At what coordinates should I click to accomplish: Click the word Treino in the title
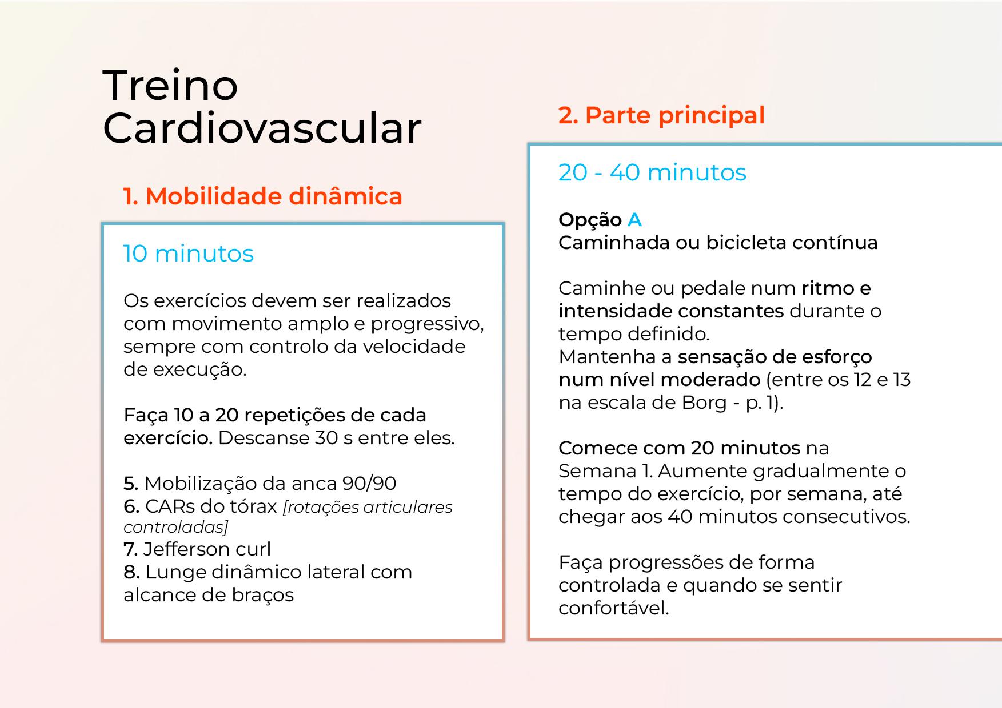point(170,85)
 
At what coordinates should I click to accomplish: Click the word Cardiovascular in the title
point(262,128)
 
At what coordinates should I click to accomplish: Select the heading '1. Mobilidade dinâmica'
point(263,196)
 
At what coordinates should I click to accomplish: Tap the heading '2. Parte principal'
point(661,115)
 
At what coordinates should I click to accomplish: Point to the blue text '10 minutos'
point(189,254)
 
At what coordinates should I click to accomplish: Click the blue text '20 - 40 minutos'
point(652,172)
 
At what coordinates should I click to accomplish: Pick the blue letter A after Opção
point(634,220)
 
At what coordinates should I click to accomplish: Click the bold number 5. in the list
point(131,484)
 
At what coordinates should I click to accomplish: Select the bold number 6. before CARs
point(131,506)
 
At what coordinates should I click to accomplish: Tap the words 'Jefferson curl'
point(207,549)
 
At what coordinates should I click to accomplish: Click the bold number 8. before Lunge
point(131,572)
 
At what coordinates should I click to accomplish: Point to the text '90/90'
point(369,484)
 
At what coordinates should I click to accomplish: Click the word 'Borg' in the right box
point(704,403)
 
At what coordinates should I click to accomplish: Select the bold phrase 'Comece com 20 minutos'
point(679,448)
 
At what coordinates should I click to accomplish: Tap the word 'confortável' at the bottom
point(613,608)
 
